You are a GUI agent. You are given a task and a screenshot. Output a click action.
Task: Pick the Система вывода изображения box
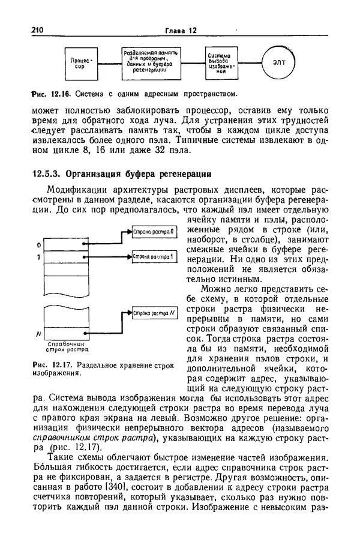point(221,62)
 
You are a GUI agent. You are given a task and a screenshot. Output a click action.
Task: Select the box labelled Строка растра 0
point(154,232)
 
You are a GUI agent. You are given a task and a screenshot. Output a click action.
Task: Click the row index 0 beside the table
point(38,245)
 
